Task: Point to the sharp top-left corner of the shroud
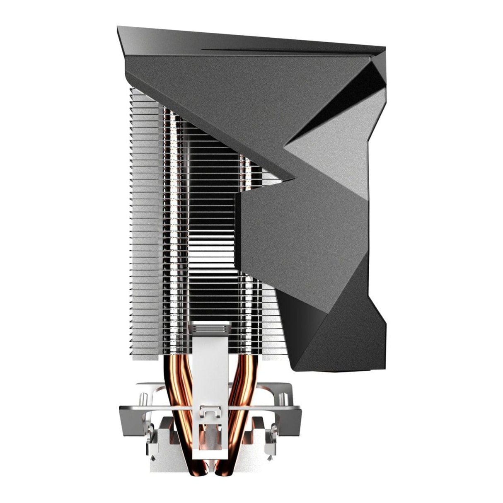point(118,28)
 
